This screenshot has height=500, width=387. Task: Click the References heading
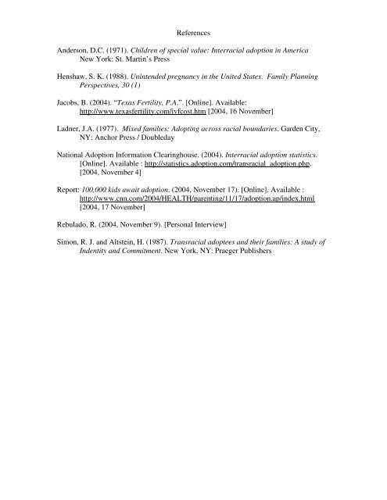point(193,34)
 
